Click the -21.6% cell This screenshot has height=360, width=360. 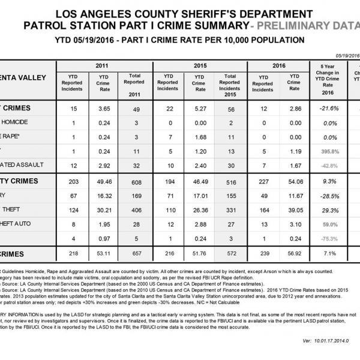tap(328, 109)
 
